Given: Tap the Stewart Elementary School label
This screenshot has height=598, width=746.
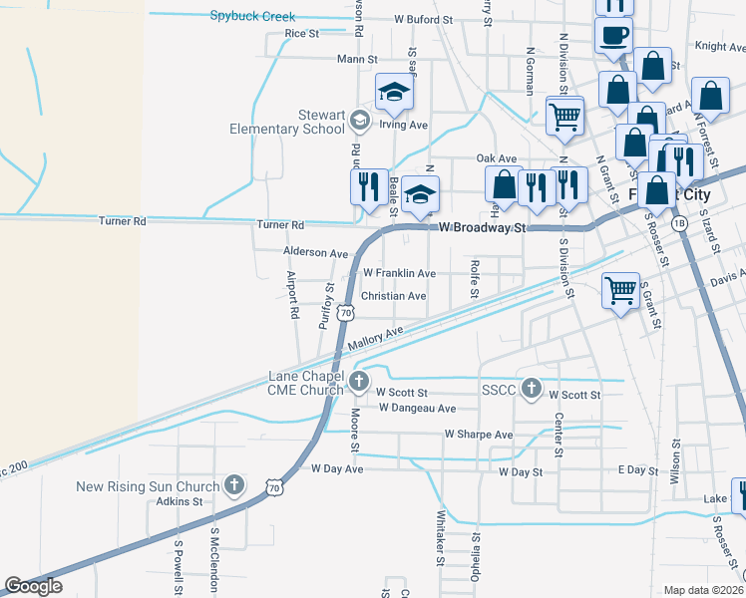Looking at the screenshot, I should (286, 122).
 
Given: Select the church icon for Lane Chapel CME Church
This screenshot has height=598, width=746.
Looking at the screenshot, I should (360, 380).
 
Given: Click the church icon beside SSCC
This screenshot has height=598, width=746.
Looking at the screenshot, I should (532, 389).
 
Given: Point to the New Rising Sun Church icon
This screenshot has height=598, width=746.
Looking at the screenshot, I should (234, 486).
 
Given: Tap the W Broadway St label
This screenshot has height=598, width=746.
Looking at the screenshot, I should (482, 228).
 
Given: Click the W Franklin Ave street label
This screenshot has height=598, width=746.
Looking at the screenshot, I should (399, 273).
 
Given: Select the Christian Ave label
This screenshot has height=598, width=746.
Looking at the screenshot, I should (393, 296).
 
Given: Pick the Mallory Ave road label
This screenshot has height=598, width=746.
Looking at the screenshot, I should (376, 337).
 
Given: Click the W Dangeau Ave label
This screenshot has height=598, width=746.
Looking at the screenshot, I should (417, 408).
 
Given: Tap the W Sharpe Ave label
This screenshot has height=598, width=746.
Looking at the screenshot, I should (478, 435).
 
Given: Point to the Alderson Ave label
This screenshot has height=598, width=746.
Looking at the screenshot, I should (316, 254).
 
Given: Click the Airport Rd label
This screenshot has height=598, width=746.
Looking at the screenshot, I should (292, 294).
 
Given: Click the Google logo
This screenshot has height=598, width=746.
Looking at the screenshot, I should (33, 586).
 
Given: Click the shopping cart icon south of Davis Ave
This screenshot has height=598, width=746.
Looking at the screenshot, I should (620, 290).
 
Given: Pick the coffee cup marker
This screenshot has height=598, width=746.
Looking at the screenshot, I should (613, 35).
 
